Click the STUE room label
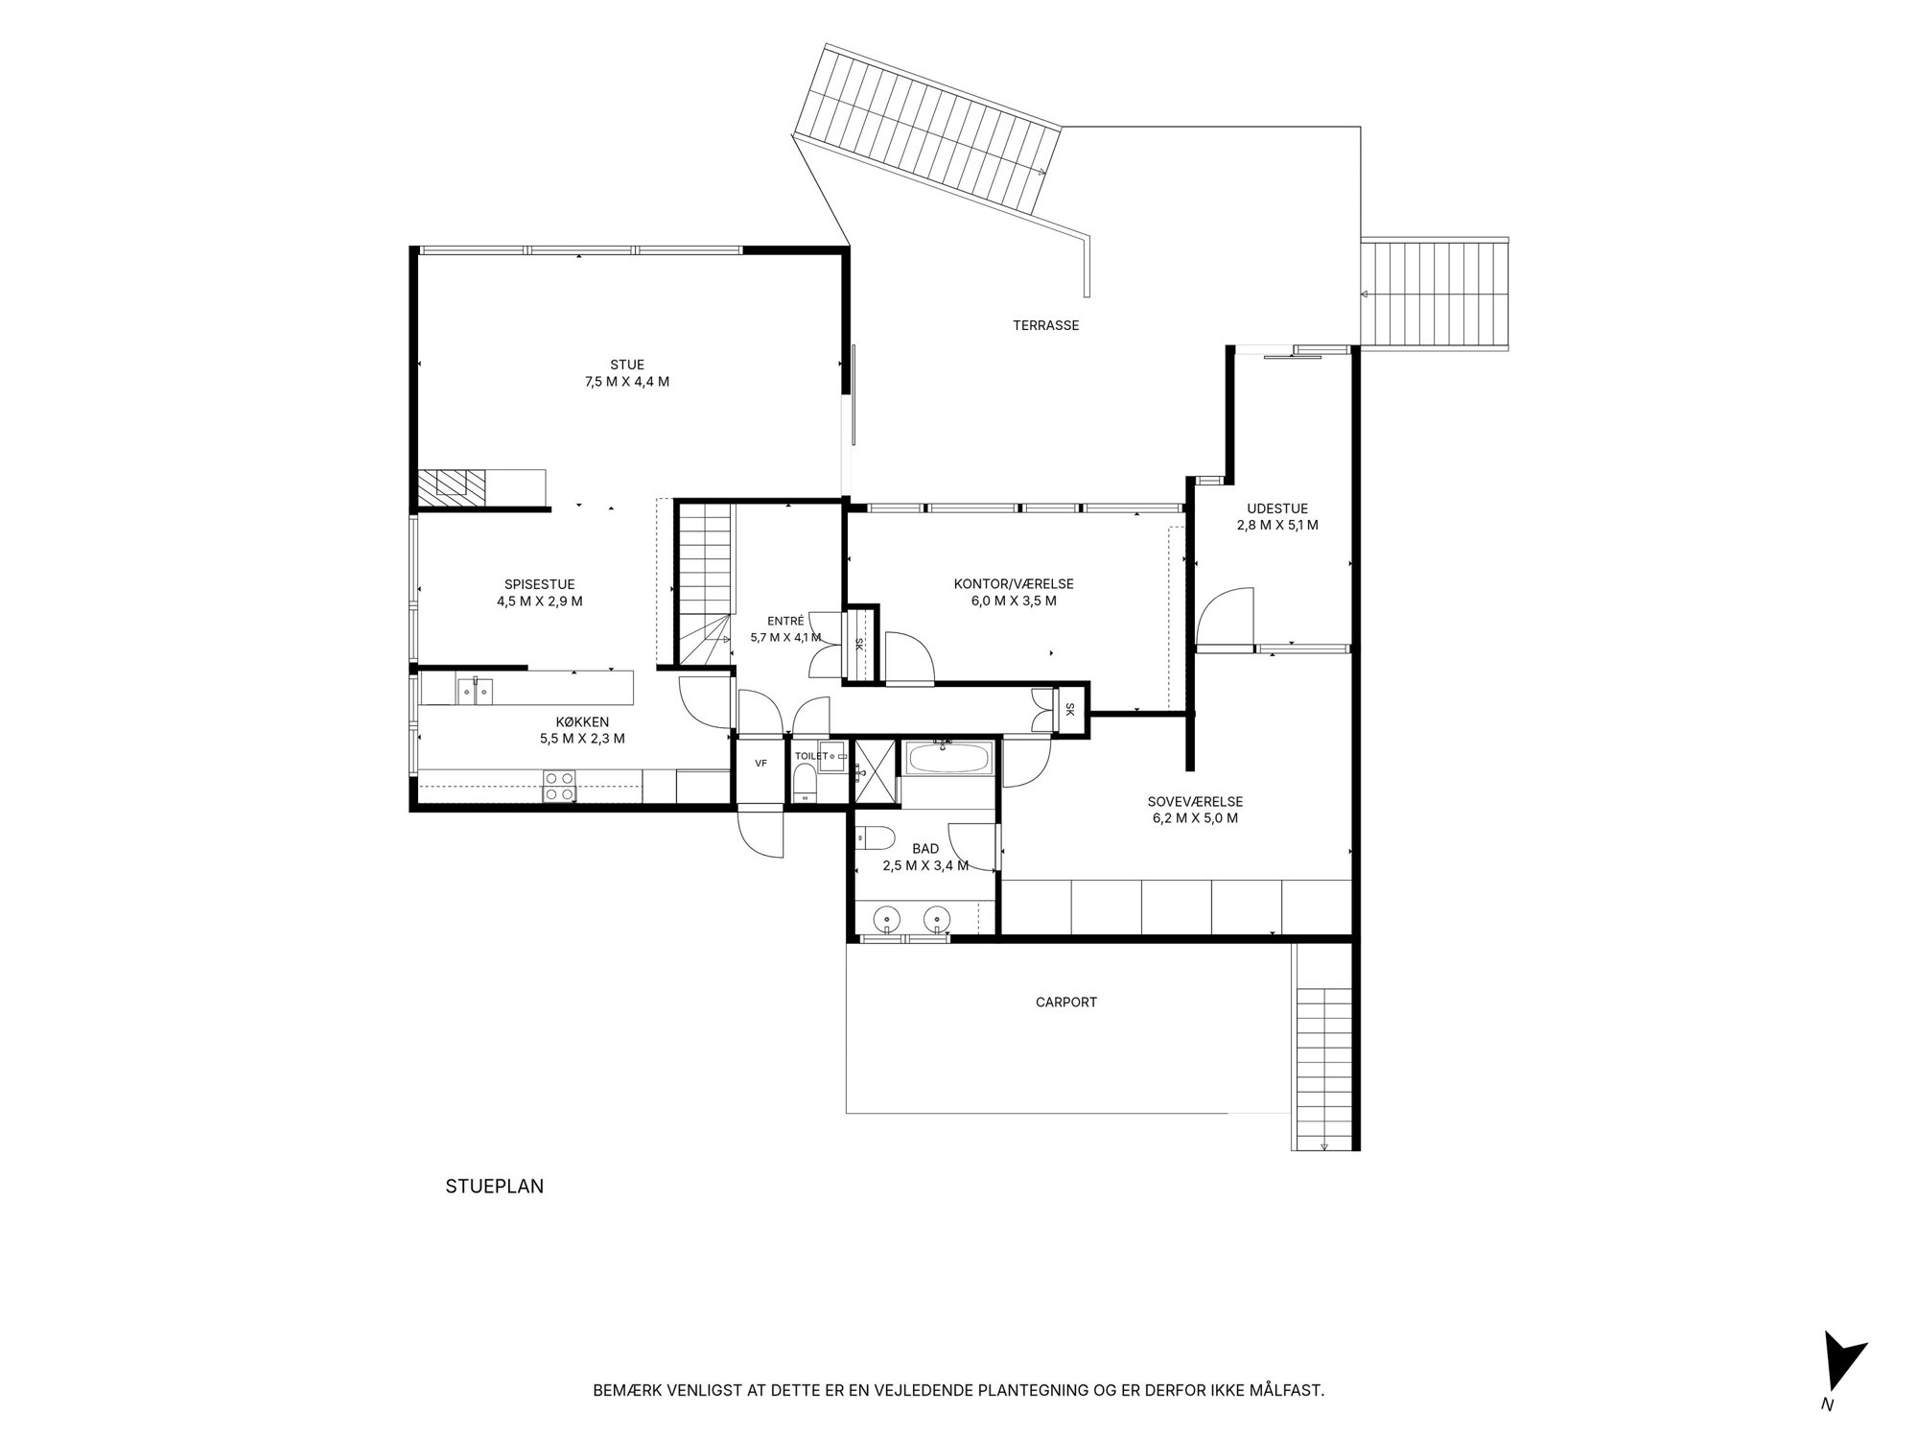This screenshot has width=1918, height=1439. click(627, 365)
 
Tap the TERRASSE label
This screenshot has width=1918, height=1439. click(1045, 325)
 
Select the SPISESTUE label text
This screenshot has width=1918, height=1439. click(539, 584)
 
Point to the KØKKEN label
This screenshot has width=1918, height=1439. click(582, 721)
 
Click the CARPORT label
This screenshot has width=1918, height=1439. click(1066, 1003)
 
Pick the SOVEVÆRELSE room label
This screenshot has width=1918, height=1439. click(1195, 802)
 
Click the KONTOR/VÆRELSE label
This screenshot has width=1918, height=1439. click(1014, 584)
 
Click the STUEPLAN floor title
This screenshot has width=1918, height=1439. click(495, 1187)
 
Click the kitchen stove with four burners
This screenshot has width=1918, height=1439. click(559, 786)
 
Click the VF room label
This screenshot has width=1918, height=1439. click(760, 764)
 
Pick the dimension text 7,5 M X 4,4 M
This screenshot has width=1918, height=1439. click(627, 382)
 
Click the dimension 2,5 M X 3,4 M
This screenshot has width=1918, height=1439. click(925, 865)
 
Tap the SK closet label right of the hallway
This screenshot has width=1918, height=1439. click(1070, 710)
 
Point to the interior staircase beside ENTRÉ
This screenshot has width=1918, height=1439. click(705, 583)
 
